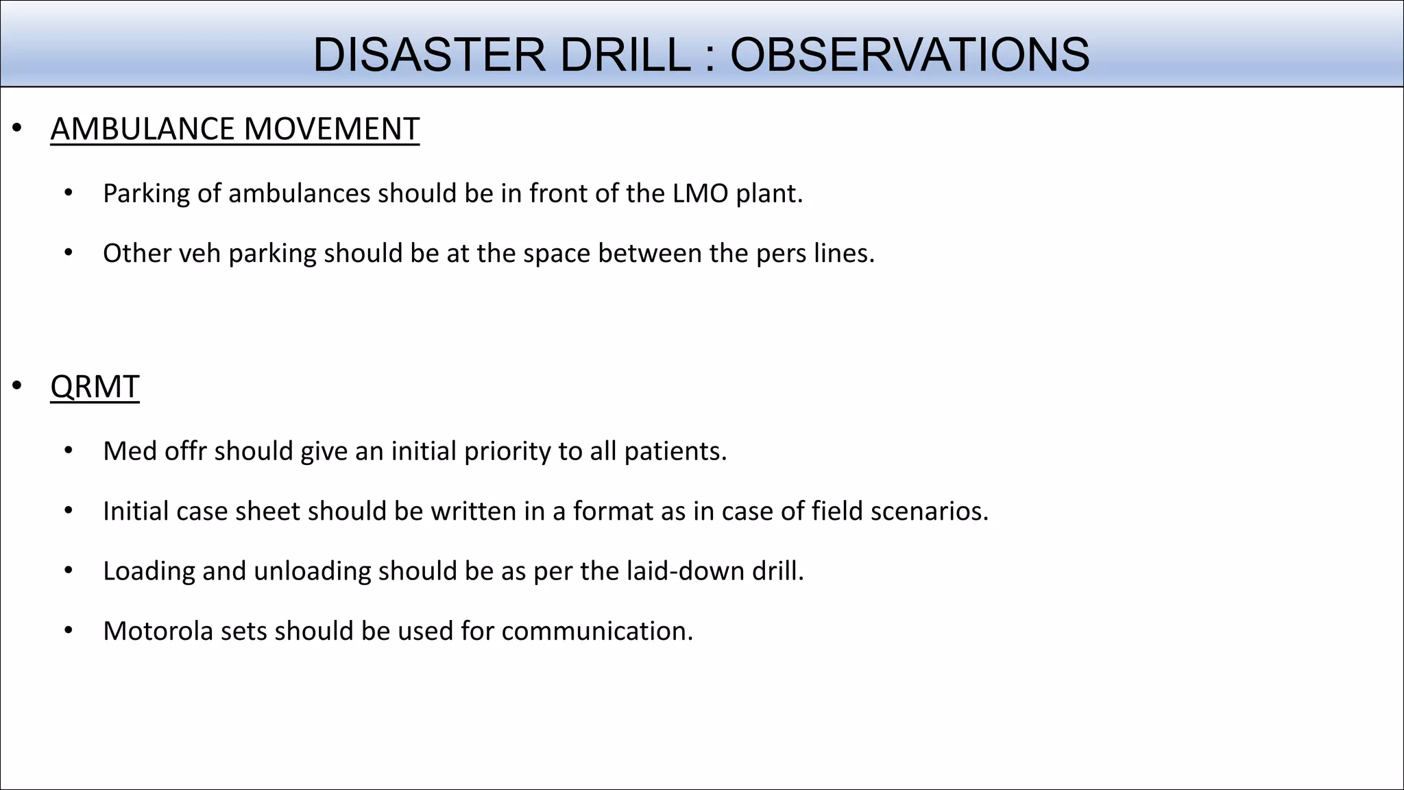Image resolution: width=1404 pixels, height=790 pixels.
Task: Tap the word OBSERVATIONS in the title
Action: click(910, 55)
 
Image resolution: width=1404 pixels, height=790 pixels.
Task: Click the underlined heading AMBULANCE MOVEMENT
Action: click(234, 129)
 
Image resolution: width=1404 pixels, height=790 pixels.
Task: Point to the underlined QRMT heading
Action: click(95, 387)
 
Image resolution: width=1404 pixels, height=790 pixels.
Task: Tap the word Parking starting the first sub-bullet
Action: click(146, 194)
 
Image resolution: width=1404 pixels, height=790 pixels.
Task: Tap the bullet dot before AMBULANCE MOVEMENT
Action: click(17, 128)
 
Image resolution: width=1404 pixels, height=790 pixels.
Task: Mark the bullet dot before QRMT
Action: click(17, 386)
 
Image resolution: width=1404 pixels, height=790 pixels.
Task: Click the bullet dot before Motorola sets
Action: click(68, 630)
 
